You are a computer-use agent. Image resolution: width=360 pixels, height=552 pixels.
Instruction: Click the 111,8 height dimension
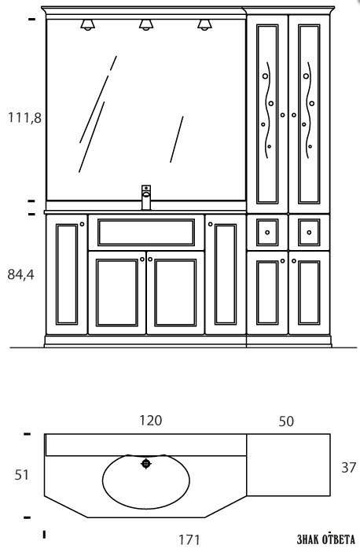(24, 118)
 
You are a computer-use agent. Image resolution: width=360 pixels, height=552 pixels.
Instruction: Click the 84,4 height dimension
(20, 274)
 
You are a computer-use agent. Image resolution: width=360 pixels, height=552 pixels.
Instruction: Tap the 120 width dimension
(151, 421)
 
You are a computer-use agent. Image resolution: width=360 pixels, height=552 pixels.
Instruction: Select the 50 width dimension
(286, 421)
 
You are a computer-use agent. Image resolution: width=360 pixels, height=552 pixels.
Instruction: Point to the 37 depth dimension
(349, 467)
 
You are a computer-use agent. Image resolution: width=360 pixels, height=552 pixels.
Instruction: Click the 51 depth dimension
(21, 475)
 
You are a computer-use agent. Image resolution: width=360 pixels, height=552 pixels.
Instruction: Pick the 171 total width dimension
(189, 539)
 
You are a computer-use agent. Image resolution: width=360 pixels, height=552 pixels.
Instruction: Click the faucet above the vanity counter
(146, 197)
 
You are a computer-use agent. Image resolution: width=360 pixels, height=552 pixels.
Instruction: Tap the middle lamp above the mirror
(146, 24)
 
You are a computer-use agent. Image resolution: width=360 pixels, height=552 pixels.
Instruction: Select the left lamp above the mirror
(87, 24)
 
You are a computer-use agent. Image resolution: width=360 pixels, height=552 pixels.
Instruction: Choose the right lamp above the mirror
(204, 24)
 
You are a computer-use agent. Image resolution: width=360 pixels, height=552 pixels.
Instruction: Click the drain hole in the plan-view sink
(146, 464)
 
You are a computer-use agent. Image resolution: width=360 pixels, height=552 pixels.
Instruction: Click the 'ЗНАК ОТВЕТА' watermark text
(326, 539)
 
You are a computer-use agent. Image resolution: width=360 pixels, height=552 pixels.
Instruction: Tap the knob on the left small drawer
(267, 232)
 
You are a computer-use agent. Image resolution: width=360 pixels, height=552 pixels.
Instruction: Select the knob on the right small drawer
(309, 232)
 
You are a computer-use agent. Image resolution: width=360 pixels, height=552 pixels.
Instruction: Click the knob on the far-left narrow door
(82, 224)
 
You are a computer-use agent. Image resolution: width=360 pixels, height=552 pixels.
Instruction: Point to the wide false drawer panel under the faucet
(146, 232)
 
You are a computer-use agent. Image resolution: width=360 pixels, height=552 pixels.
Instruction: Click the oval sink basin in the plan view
(146, 481)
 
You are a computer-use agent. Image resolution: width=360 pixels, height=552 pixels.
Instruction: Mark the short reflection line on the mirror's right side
(177, 139)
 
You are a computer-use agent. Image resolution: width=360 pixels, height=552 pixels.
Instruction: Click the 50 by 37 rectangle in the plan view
(288, 465)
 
